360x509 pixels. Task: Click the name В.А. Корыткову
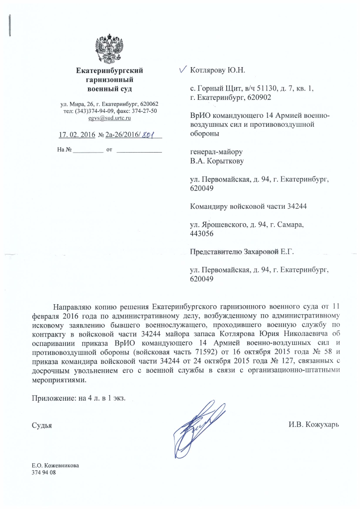pos(217,161)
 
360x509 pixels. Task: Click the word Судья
pos(42,425)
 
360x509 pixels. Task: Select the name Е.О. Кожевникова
pos(55,466)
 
